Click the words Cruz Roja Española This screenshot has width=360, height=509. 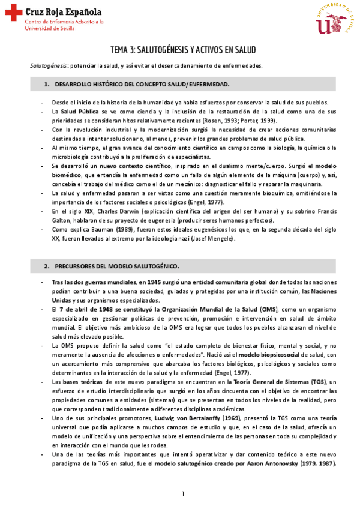click(x=63, y=11)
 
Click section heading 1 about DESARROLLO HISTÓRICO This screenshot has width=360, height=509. click(x=142, y=84)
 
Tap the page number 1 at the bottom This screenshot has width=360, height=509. click(x=182, y=494)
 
